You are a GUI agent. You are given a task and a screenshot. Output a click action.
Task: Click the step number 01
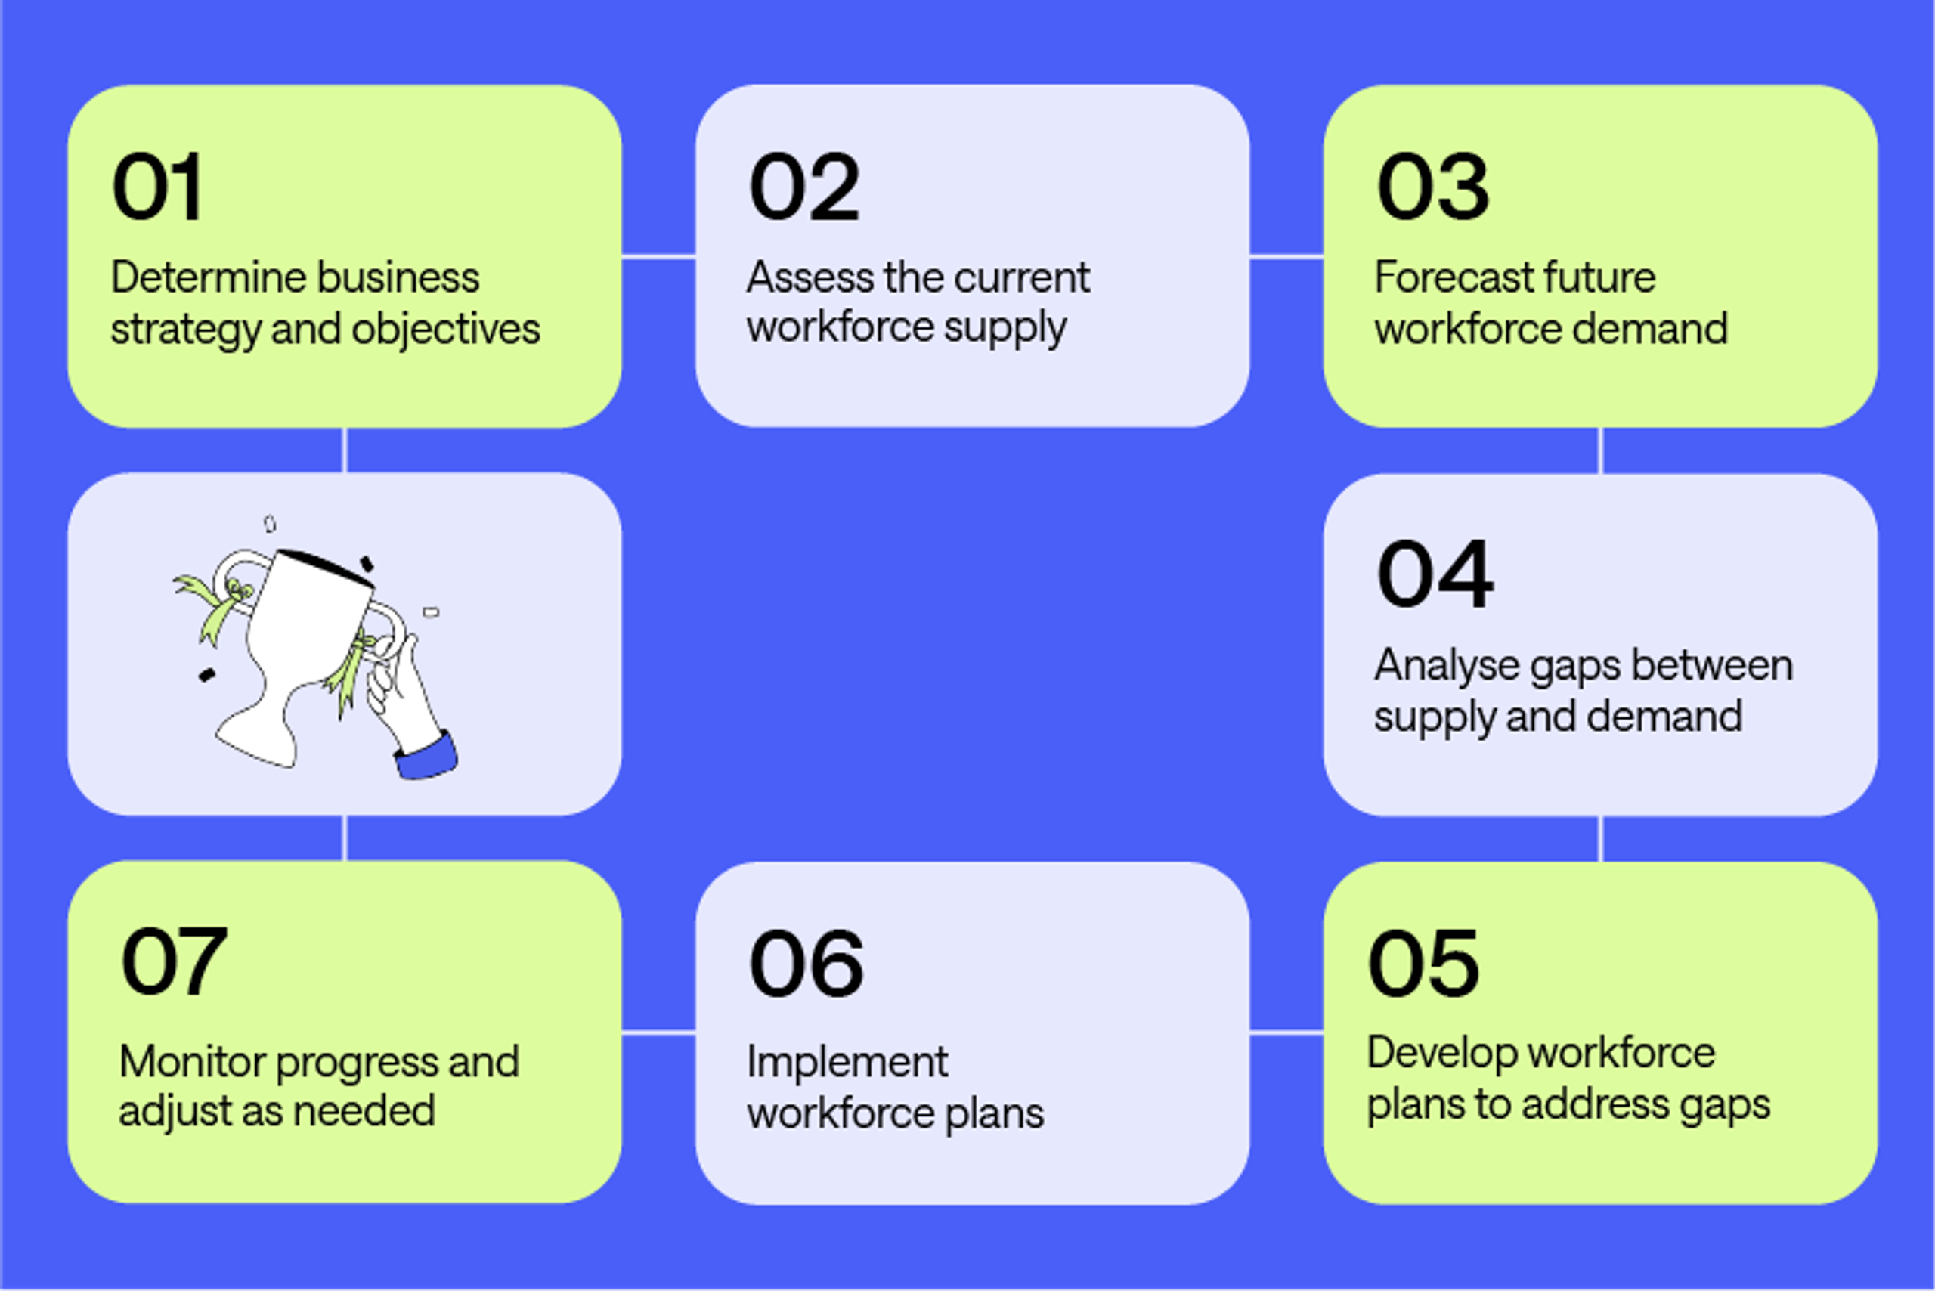click(157, 187)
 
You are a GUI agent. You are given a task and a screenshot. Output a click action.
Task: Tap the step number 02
click(804, 187)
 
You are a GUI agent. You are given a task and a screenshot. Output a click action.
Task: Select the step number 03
click(1432, 187)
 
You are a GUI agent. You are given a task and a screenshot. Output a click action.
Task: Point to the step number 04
click(1435, 574)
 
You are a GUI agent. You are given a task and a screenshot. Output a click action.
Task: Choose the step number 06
click(806, 962)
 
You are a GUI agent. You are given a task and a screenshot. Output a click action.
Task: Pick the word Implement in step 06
click(847, 1062)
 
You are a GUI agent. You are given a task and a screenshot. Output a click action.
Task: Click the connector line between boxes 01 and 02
click(658, 257)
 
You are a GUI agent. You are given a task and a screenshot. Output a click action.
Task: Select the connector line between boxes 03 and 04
click(1600, 450)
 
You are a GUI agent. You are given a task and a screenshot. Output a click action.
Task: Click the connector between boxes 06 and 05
click(1286, 1032)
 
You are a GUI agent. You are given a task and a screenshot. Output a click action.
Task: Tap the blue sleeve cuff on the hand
click(426, 757)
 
